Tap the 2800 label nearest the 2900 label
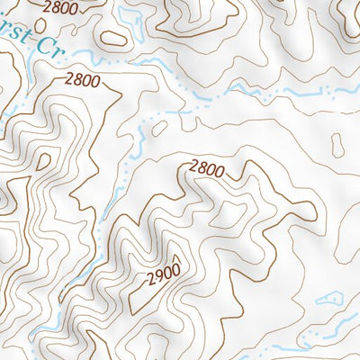point(204,167)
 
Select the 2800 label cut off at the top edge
point(59,6)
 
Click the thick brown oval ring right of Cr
point(112,39)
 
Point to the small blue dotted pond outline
point(328,296)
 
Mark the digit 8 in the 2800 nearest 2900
point(200,166)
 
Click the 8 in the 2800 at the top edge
point(55,6)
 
